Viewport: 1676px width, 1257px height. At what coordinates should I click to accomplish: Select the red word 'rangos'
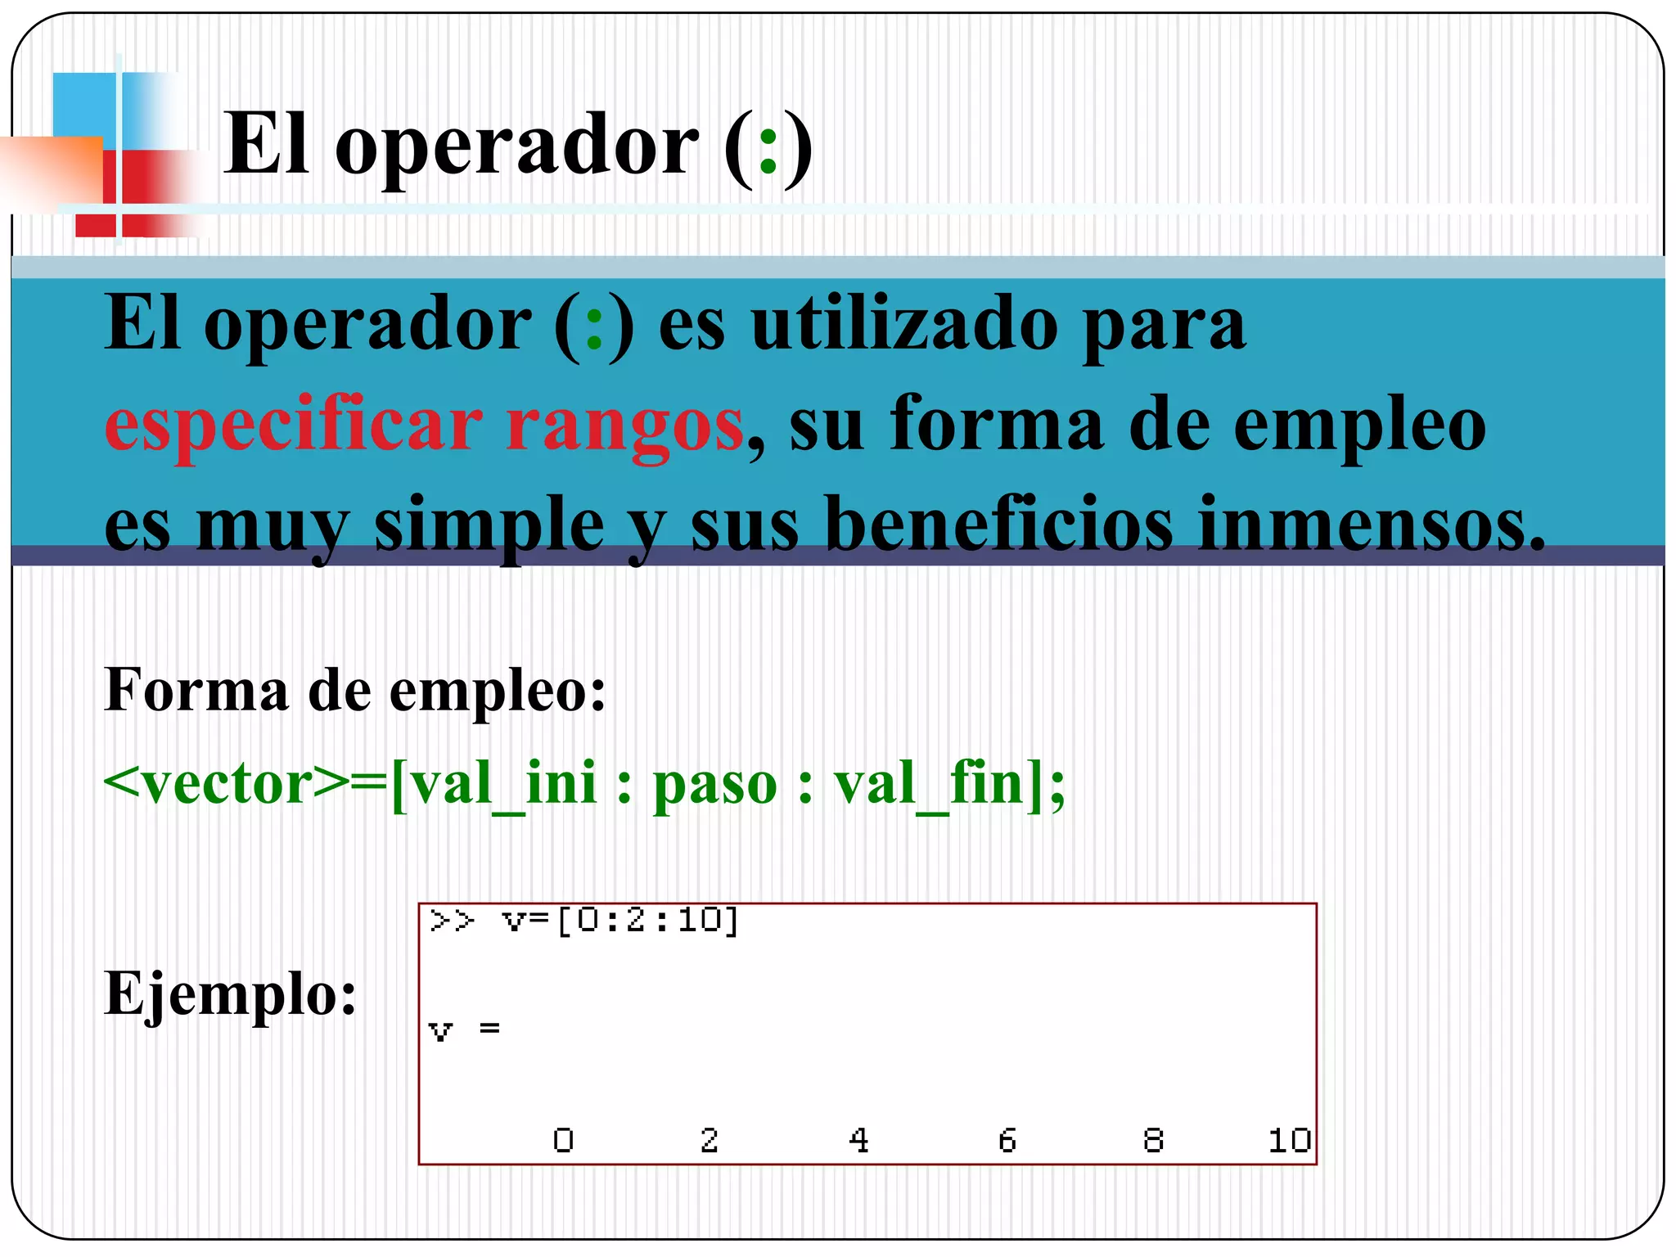(x=624, y=427)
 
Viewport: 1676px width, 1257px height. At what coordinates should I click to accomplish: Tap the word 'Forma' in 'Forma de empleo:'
(x=196, y=690)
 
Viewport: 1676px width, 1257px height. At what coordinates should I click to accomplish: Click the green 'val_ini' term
(x=502, y=784)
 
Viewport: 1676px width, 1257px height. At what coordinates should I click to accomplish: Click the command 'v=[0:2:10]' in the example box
(x=621, y=921)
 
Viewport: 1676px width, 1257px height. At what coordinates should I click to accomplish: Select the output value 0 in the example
(x=563, y=1140)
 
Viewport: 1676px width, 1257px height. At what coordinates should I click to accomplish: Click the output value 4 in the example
(x=858, y=1140)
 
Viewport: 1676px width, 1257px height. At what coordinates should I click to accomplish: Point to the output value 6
(x=1007, y=1140)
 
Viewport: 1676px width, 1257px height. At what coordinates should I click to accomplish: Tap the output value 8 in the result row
(x=1153, y=1140)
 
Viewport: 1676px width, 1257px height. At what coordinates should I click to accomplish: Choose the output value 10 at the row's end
(x=1289, y=1140)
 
